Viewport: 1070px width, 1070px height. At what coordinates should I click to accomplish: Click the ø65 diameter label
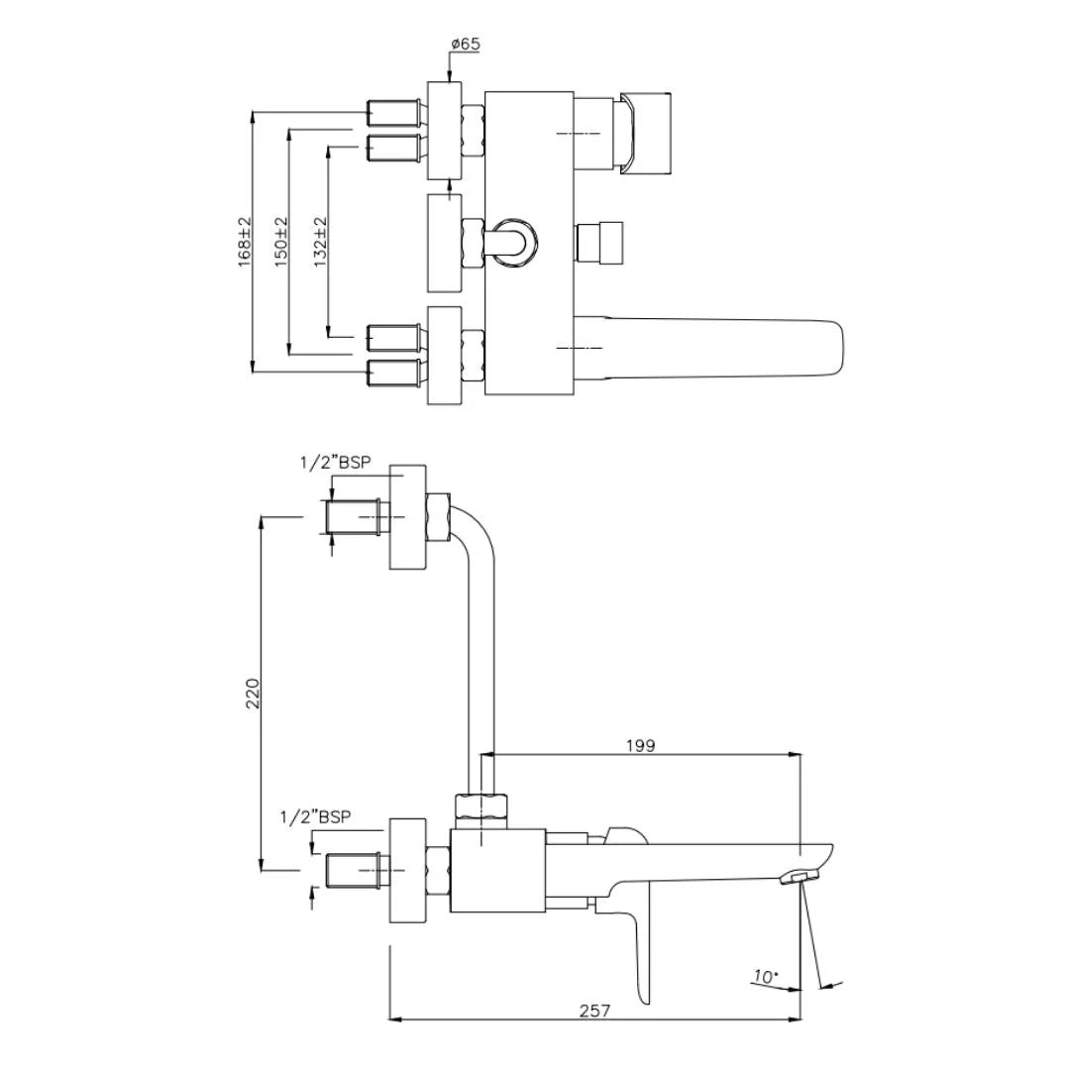point(466,45)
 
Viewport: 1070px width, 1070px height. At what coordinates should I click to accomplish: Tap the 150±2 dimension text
point(281,244)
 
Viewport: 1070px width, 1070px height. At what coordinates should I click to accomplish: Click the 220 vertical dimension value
point(253,694)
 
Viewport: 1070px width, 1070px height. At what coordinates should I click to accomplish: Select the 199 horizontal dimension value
point(641,745)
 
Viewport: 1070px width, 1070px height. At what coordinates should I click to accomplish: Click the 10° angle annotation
point(764,977)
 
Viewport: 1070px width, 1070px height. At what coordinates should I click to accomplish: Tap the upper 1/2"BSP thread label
point(336,462)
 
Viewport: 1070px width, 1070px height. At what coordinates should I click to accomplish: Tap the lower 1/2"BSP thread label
point(316,817)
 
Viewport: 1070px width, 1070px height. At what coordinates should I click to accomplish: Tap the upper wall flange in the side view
point(407,516)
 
